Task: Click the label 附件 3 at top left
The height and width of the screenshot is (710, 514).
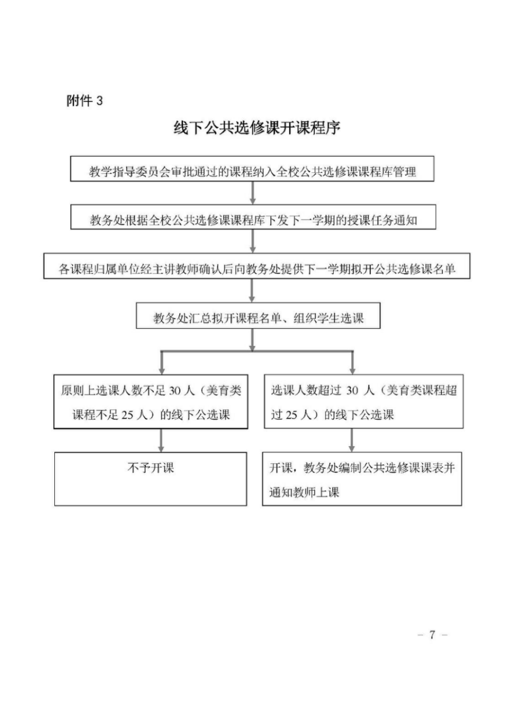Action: coord(85,101)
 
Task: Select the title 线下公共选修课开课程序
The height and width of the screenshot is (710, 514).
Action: coord(257,128)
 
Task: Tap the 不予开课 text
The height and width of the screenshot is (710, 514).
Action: coord(151,468)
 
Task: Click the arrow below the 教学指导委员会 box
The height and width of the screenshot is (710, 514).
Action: coord(252,193)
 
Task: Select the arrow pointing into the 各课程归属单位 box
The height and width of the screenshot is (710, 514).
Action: coord(252,241)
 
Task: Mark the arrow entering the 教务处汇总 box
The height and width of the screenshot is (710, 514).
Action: coord(252,291)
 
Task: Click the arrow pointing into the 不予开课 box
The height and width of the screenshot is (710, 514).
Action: coord(161,440)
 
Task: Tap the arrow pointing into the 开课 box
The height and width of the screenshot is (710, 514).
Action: coord(351,440)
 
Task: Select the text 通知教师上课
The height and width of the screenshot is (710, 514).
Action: coord(304,492)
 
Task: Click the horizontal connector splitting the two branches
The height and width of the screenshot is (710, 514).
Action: coord(257,351)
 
